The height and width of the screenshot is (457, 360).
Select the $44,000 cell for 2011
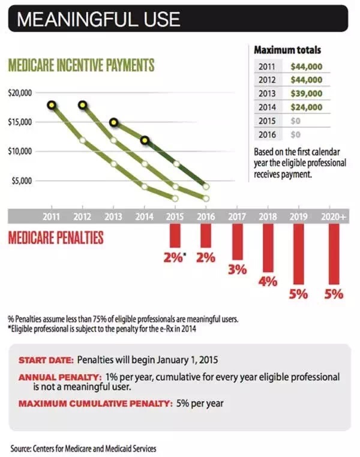click(307, 67)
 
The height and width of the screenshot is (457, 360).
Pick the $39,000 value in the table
click(307, 94)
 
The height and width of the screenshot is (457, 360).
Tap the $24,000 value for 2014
click(307, 107)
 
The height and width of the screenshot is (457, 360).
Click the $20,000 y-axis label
click(20, 94)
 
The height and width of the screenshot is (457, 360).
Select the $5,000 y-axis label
click(22, 181)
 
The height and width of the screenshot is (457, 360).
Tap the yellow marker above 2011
click(52, 105)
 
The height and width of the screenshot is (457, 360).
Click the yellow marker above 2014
click(145, 140)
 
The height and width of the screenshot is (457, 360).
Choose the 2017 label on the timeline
click(237, 217)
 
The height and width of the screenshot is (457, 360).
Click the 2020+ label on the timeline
click(332, 217)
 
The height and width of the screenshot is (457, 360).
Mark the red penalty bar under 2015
click(175, 235)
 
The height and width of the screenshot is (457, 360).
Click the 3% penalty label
click(238, 270)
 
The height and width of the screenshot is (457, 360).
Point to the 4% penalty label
click(267, 282)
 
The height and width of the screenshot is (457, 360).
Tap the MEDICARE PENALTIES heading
click(55, 238)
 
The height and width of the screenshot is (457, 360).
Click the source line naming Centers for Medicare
click(86, 448)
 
